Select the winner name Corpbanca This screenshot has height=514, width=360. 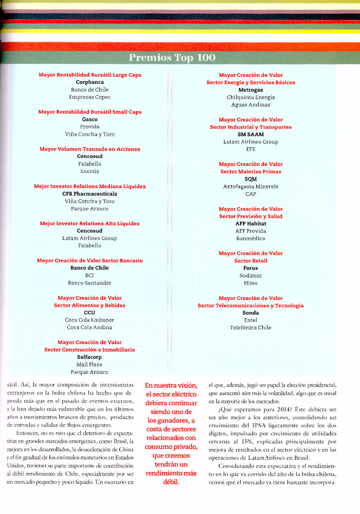(x=90, y=82)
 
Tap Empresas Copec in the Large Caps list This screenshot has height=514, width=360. (x=90, y=97)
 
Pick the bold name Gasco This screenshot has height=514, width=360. (x=90, y=119)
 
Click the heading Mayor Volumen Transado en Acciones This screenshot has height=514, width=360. (x=90, y=149)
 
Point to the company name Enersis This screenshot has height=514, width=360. (x=90, y=171)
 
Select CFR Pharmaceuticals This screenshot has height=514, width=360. (x=90, y=193)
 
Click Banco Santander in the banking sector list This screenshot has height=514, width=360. (x=90, y=283)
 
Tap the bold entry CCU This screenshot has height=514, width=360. (x=90, y=312)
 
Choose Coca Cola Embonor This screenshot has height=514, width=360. (x=90, y=320)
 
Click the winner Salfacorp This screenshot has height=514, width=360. (x=90, y=357)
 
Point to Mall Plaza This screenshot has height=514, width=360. (x=90, y=364)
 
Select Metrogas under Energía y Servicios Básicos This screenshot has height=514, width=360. (x=250, y=90)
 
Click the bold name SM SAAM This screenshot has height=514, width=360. (x=250, y=134)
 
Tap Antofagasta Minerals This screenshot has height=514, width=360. (x=250, y=186)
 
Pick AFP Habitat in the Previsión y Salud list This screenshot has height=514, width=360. (x=250, y=223)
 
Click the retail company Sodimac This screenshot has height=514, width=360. (x=250, y=275)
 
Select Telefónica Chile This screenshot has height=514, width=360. (x=250, y=327)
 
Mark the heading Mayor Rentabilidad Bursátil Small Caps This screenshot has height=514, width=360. (x=90, y=112)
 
